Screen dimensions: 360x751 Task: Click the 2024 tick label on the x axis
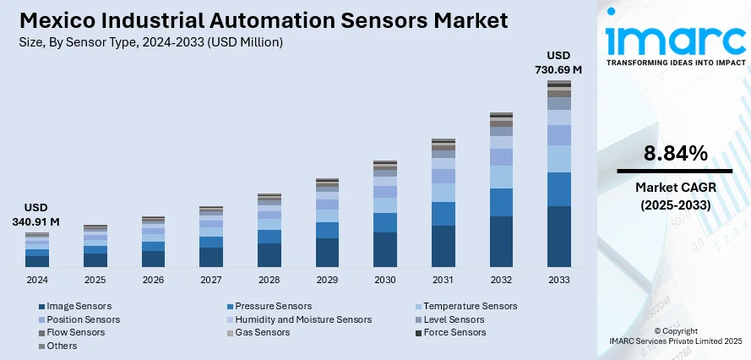point(37,280)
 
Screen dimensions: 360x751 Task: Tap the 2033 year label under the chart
point(558,280)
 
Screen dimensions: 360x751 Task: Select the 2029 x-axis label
point(327,280)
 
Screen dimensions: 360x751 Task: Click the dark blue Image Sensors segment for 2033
point(558,237)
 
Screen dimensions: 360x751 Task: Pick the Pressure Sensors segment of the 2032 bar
point(501,202)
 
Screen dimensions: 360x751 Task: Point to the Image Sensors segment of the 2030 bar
point(385,249)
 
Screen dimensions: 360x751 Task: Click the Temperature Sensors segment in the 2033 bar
point(558,159)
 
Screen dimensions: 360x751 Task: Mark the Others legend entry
point(62,346)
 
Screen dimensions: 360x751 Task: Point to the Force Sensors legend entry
point(454,332)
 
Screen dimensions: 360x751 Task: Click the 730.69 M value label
point(558,69)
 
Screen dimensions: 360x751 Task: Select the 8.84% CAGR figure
point(675,153)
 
